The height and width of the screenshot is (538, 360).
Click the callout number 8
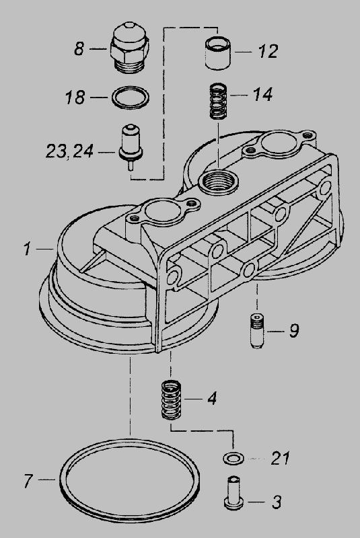click(x=79, y=48)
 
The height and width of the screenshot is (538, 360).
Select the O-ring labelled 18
click(x=131, y=98)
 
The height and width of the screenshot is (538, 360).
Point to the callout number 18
click(x=75, y=97)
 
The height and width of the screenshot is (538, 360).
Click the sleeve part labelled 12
click(x=218, y=53)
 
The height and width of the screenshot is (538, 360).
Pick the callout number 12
click(x=268, y=52)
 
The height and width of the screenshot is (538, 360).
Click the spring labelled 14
click(x=218, y=102)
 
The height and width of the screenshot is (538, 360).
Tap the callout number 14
click(x=263, y=94)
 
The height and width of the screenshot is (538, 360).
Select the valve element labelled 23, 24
click(x=131, y=147)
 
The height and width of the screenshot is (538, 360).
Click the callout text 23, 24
click(x=70, y=151)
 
